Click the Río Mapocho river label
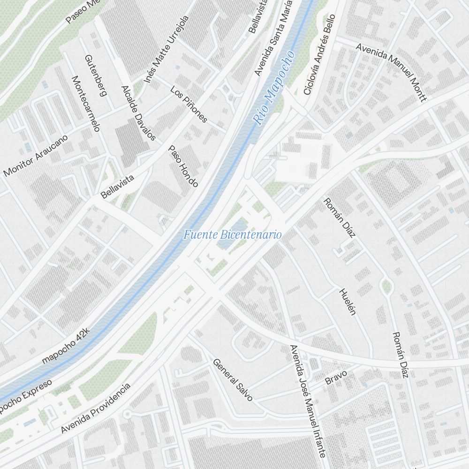click(275, 88)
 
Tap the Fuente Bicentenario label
click(232, 234)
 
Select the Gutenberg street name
click(96, 76)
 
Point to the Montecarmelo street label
click(85, 103)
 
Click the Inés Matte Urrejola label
click(166, 49)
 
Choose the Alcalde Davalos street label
click(138, 113)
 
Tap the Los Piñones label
click(189, 104)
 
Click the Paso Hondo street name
click(183, 166)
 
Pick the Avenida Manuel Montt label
click(392, 72)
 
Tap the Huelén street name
click(348, 301)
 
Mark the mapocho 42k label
click(65, 346)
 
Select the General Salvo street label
click(233, 379)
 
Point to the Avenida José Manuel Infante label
click(308, 401)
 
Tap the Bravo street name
click(336, 378)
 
